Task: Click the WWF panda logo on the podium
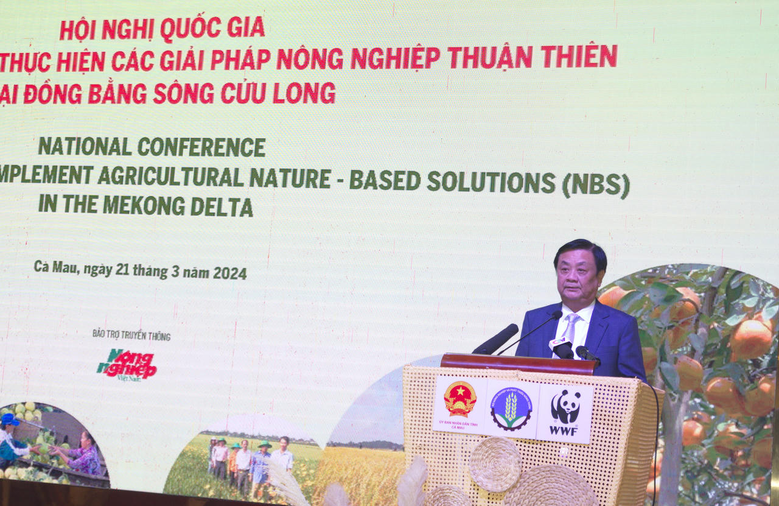(x=565, y=406)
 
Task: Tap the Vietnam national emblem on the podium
(x=459, y=399)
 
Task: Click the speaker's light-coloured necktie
(x=571, y=328)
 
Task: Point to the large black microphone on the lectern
(x=496, y=339)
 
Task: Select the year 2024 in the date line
(x=229, y=273)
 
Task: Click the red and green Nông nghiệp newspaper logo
(x=127, y=364)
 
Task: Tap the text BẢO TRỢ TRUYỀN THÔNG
(x=131, y=335)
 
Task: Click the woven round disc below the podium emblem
(x=495, y=464)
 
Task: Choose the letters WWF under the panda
(x=564, y=430)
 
